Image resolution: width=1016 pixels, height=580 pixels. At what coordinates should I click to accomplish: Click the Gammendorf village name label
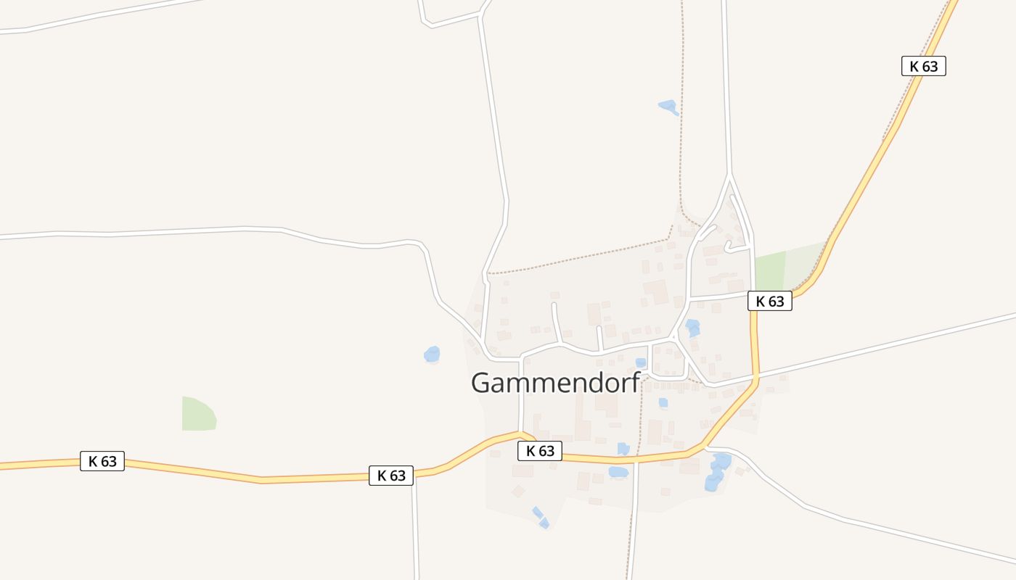(555, 383)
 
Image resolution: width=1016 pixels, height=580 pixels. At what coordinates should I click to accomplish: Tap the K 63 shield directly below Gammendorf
(540, 451)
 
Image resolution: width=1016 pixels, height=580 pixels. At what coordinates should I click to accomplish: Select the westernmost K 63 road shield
(102, 461)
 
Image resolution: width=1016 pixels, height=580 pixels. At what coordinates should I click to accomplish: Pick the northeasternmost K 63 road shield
(923, 66)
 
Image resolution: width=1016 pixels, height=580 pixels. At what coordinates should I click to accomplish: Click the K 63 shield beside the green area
(769, 301)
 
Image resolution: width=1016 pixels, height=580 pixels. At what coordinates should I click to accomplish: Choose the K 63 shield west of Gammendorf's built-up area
(391, 476)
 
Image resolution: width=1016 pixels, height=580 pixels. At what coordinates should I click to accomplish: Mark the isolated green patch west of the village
(198, 415)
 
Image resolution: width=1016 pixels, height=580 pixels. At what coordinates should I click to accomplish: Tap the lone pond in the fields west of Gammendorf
(432, 354)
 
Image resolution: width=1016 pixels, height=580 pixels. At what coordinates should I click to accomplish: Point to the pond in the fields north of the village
(668, 107)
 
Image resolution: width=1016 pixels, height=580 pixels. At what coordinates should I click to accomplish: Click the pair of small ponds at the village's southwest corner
(541, 518)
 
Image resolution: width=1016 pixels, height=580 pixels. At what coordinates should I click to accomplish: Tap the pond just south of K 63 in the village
(618, 472)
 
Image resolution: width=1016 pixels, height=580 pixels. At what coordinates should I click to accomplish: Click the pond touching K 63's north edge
(623, 449)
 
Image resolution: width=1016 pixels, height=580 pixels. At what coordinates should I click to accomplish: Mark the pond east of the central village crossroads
(693, 327)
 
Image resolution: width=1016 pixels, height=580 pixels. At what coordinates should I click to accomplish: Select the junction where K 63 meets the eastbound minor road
(755, 377)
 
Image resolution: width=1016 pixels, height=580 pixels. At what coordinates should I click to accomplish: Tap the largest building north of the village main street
(656, 291)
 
